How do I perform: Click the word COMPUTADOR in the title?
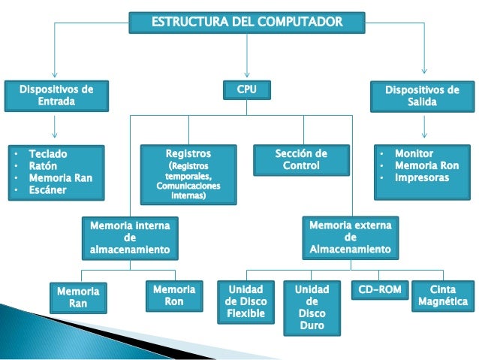click(302, 22)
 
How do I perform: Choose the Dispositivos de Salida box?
click(422, 96)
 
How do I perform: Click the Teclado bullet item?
click(47, 153)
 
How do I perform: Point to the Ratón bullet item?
click(43, 165)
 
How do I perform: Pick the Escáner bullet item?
click(47, 190)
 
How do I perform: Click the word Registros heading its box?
click(188, 153)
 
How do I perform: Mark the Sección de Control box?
click(302, 159)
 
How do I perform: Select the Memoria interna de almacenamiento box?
click(130, 237)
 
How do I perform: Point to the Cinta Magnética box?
click(443, 295)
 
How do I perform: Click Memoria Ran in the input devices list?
click(60, 178)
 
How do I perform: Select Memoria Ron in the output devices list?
click(427, 165)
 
